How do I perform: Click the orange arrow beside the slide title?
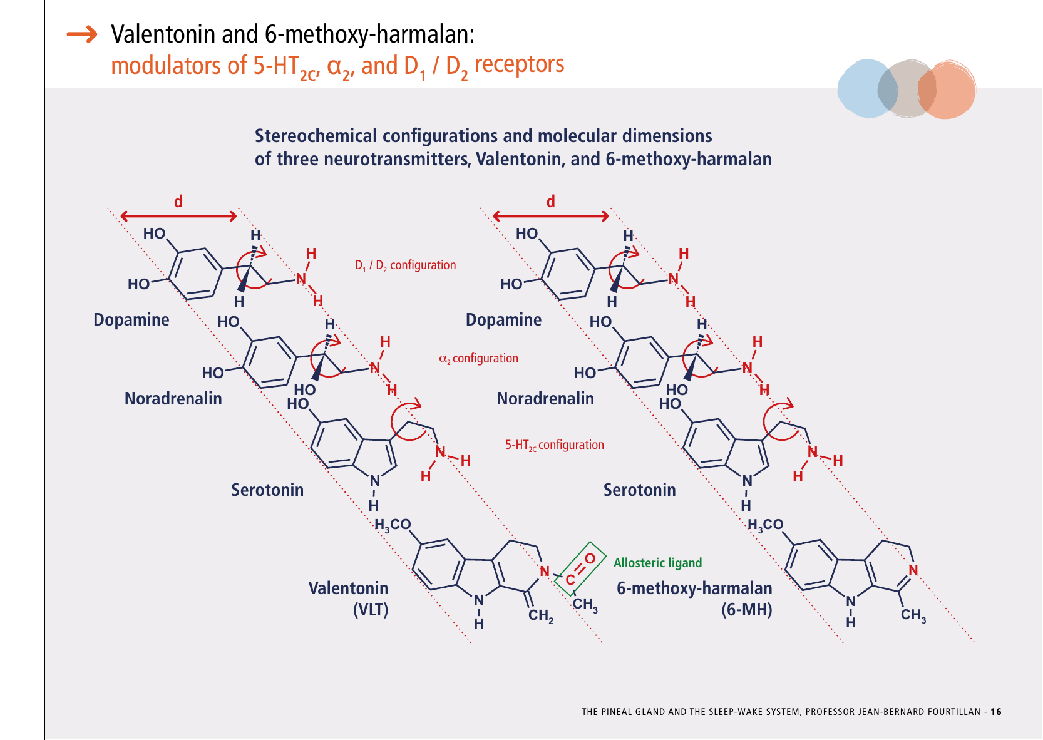82,34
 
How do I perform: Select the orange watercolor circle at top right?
947,90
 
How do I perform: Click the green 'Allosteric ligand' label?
657,563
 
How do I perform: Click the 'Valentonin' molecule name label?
348,588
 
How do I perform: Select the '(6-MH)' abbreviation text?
746,609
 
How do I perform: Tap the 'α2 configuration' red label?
479,358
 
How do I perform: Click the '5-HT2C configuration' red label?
555,445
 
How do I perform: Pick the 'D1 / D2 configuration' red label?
405,265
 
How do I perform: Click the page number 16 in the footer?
995,712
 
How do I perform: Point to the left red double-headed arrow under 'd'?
178,216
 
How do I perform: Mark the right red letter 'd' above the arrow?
551,201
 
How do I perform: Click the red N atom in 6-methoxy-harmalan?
913,570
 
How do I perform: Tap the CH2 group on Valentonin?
540,615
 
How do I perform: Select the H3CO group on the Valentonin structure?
393,525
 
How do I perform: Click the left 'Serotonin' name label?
267,490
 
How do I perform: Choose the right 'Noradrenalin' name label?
545,399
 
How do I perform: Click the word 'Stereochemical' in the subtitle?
316,136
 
